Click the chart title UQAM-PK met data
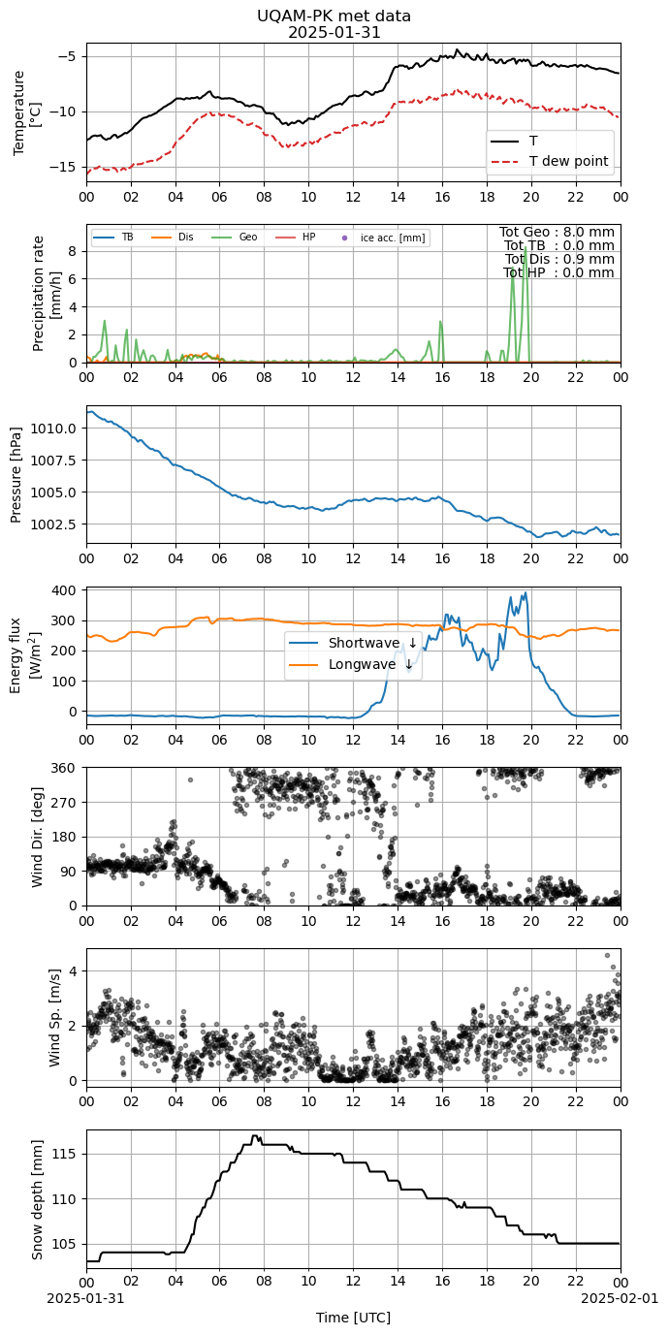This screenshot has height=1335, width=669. click(x=334, y=16)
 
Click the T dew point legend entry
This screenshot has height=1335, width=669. click(x=549, y=161)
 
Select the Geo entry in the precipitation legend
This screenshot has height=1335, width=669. click(x=235, y=238)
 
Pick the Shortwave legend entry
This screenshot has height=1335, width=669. click(x=353, y=643)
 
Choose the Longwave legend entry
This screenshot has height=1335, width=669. click(x=351, y=664)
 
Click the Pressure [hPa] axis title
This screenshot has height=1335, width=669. click(x=16, y=475)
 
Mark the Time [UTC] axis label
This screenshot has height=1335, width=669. click(x=354, y=1318)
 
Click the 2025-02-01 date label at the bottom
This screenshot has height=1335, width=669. click(x=621, y=1298)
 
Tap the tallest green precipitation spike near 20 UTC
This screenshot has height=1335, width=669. click(x=526, y=249)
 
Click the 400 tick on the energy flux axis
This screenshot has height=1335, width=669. click(x=66, y=590)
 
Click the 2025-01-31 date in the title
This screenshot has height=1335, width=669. click(x=334, y=33)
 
